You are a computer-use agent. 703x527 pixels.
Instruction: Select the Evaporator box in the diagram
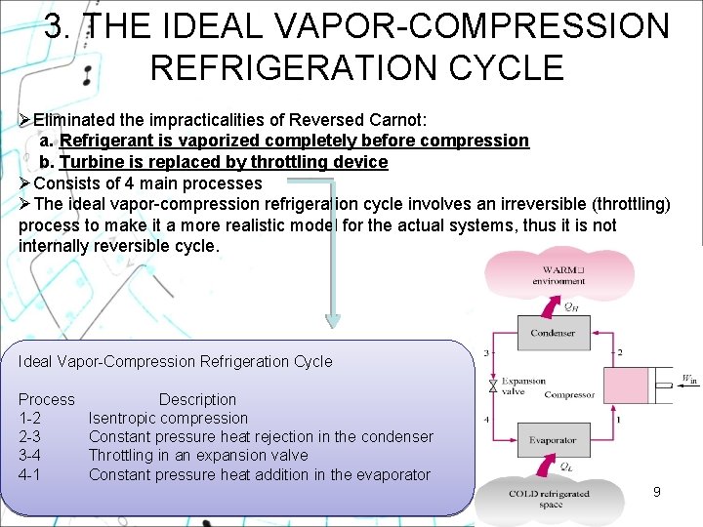click(553, 440)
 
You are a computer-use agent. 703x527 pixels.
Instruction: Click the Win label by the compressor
click(689, 379)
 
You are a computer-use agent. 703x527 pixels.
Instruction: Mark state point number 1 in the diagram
click(619, 421)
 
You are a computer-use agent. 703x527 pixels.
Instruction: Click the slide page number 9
click(656, 492)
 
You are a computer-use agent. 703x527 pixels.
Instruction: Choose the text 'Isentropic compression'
click(168, 419)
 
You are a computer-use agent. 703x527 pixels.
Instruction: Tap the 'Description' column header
click(197, 399)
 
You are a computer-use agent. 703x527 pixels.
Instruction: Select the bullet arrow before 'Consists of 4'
click(25, 183)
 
